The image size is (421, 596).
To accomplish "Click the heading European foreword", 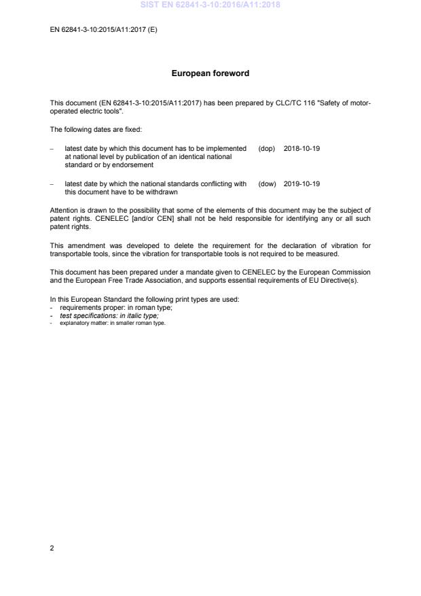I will coord(210,73).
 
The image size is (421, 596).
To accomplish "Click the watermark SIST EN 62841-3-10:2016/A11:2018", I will coord(210,5).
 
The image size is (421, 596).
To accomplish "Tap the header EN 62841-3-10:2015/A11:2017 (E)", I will coord(103,31).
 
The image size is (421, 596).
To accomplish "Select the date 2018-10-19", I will coord(301,148).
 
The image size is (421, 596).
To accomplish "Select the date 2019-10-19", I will coord(301,183).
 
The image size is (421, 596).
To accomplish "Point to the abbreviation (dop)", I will coord(267,148).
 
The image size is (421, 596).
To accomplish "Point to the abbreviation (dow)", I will coord(267,183).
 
